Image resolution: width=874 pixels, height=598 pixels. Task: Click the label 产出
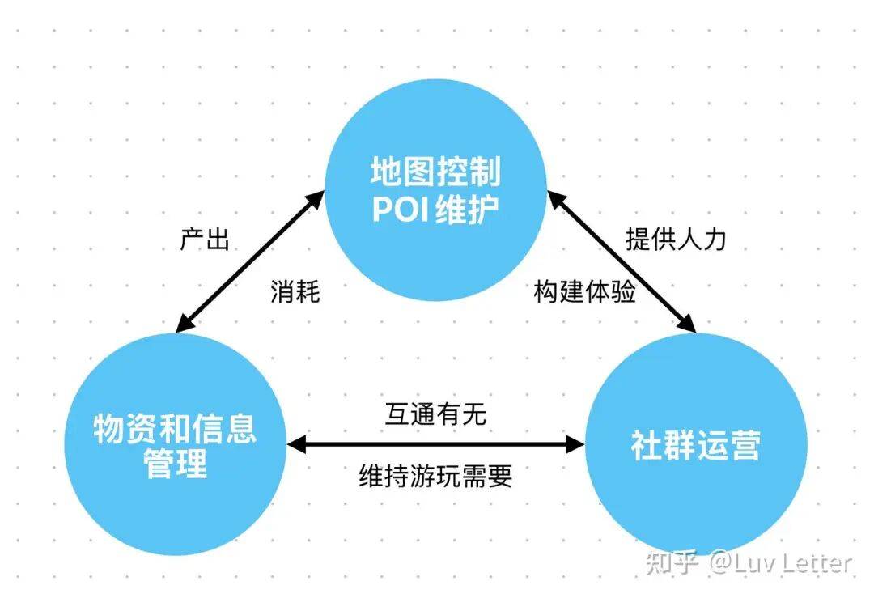(204, 240)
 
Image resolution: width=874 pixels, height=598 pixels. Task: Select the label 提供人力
(676, 240)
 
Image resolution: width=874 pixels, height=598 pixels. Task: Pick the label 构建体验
(584, 292)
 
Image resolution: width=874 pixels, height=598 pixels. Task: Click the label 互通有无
(435, 414)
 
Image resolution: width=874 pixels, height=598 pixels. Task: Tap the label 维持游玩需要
(435, 476)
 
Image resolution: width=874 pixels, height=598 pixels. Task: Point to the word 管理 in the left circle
(175, 464)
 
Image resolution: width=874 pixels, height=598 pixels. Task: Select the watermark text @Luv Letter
(780, 562)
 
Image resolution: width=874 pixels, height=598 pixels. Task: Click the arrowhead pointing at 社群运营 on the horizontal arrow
(575, 444)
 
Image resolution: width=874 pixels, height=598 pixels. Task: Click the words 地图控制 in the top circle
(435, 172)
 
